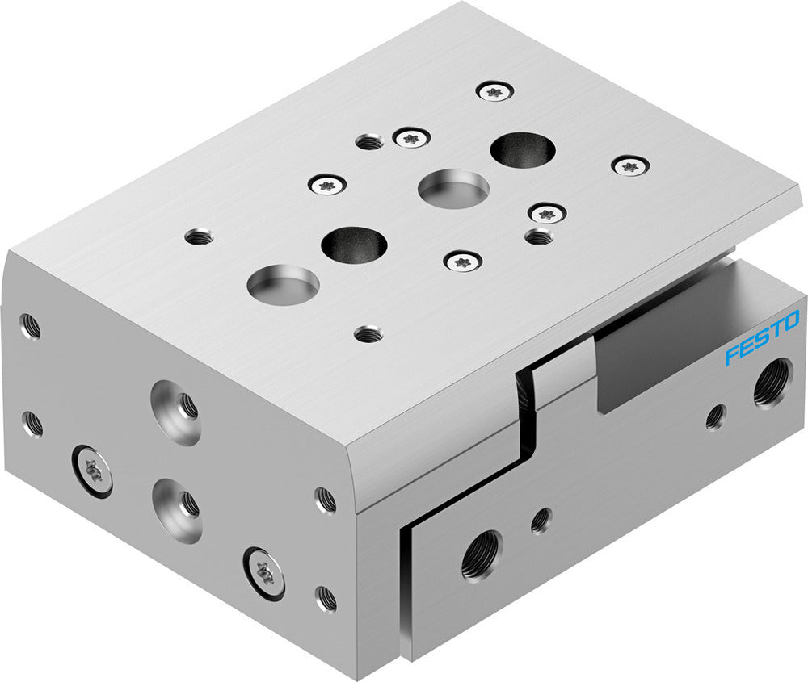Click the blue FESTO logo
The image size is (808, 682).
tap(761, 337)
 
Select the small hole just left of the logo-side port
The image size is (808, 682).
tap(715, 416)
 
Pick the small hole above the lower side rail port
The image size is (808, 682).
tap(541, 520)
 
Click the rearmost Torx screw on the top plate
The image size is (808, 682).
tap(495, 91)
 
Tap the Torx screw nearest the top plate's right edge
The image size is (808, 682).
tap(630, 166)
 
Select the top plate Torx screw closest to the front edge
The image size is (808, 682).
tap(463, 260)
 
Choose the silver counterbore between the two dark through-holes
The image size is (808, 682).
tap(453, 188)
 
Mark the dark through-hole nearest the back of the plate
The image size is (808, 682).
tap(523, 150)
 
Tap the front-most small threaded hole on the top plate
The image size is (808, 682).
tap(368, 333)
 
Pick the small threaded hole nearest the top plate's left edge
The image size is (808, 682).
tap(199, 237)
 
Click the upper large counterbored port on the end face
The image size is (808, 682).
tap(176, 412)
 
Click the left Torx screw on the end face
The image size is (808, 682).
tap(93, 471)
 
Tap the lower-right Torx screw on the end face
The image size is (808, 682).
tap(265, 573)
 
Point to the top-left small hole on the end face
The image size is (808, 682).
tap(30, 325)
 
